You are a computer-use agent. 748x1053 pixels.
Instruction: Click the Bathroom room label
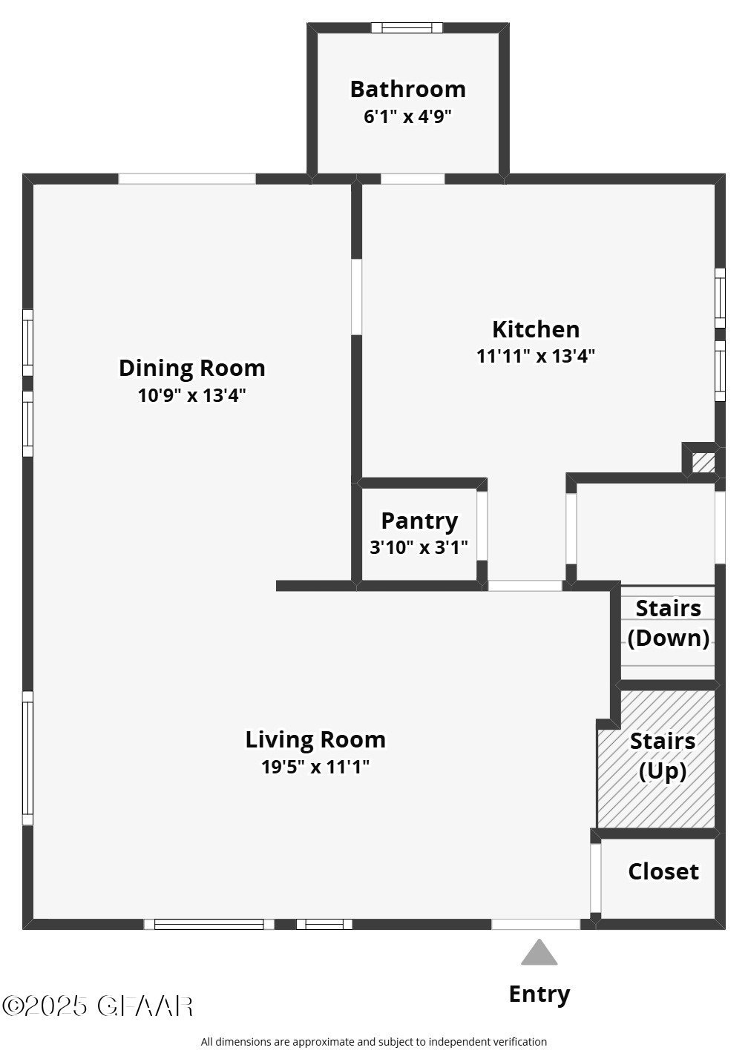[407, 89]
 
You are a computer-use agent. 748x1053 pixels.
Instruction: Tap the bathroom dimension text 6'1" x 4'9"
[407, 116]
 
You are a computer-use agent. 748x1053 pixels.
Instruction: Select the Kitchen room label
[536, 329]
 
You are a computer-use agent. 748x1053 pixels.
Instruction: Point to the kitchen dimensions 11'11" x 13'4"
[536, 356]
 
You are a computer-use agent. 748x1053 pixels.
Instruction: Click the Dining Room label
[191, 368]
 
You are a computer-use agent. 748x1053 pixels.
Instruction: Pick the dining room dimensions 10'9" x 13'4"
[191, 395]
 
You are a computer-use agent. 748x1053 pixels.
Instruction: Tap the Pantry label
[419, 521]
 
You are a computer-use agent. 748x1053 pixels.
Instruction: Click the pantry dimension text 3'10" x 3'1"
[419, 547]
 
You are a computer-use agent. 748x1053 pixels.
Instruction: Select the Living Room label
[315, 739]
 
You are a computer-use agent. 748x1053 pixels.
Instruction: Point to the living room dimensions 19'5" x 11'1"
[315, 767]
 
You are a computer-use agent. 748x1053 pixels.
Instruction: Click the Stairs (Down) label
[668, 623]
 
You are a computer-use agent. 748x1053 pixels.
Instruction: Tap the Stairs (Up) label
[663, 756]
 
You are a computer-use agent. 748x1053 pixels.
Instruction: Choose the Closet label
[663, 871]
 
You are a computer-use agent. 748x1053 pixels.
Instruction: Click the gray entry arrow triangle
[539, 954]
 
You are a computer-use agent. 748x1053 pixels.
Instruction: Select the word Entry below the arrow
[539, 994]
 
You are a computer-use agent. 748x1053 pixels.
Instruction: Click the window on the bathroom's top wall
[407, 28]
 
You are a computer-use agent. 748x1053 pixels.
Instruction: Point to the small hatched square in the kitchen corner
[703, 462]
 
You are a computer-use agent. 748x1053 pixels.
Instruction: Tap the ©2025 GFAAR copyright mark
[97, 1006]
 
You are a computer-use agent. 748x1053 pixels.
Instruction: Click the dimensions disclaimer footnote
[373, 1042]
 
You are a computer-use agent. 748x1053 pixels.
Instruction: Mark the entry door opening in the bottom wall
[536, 924]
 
